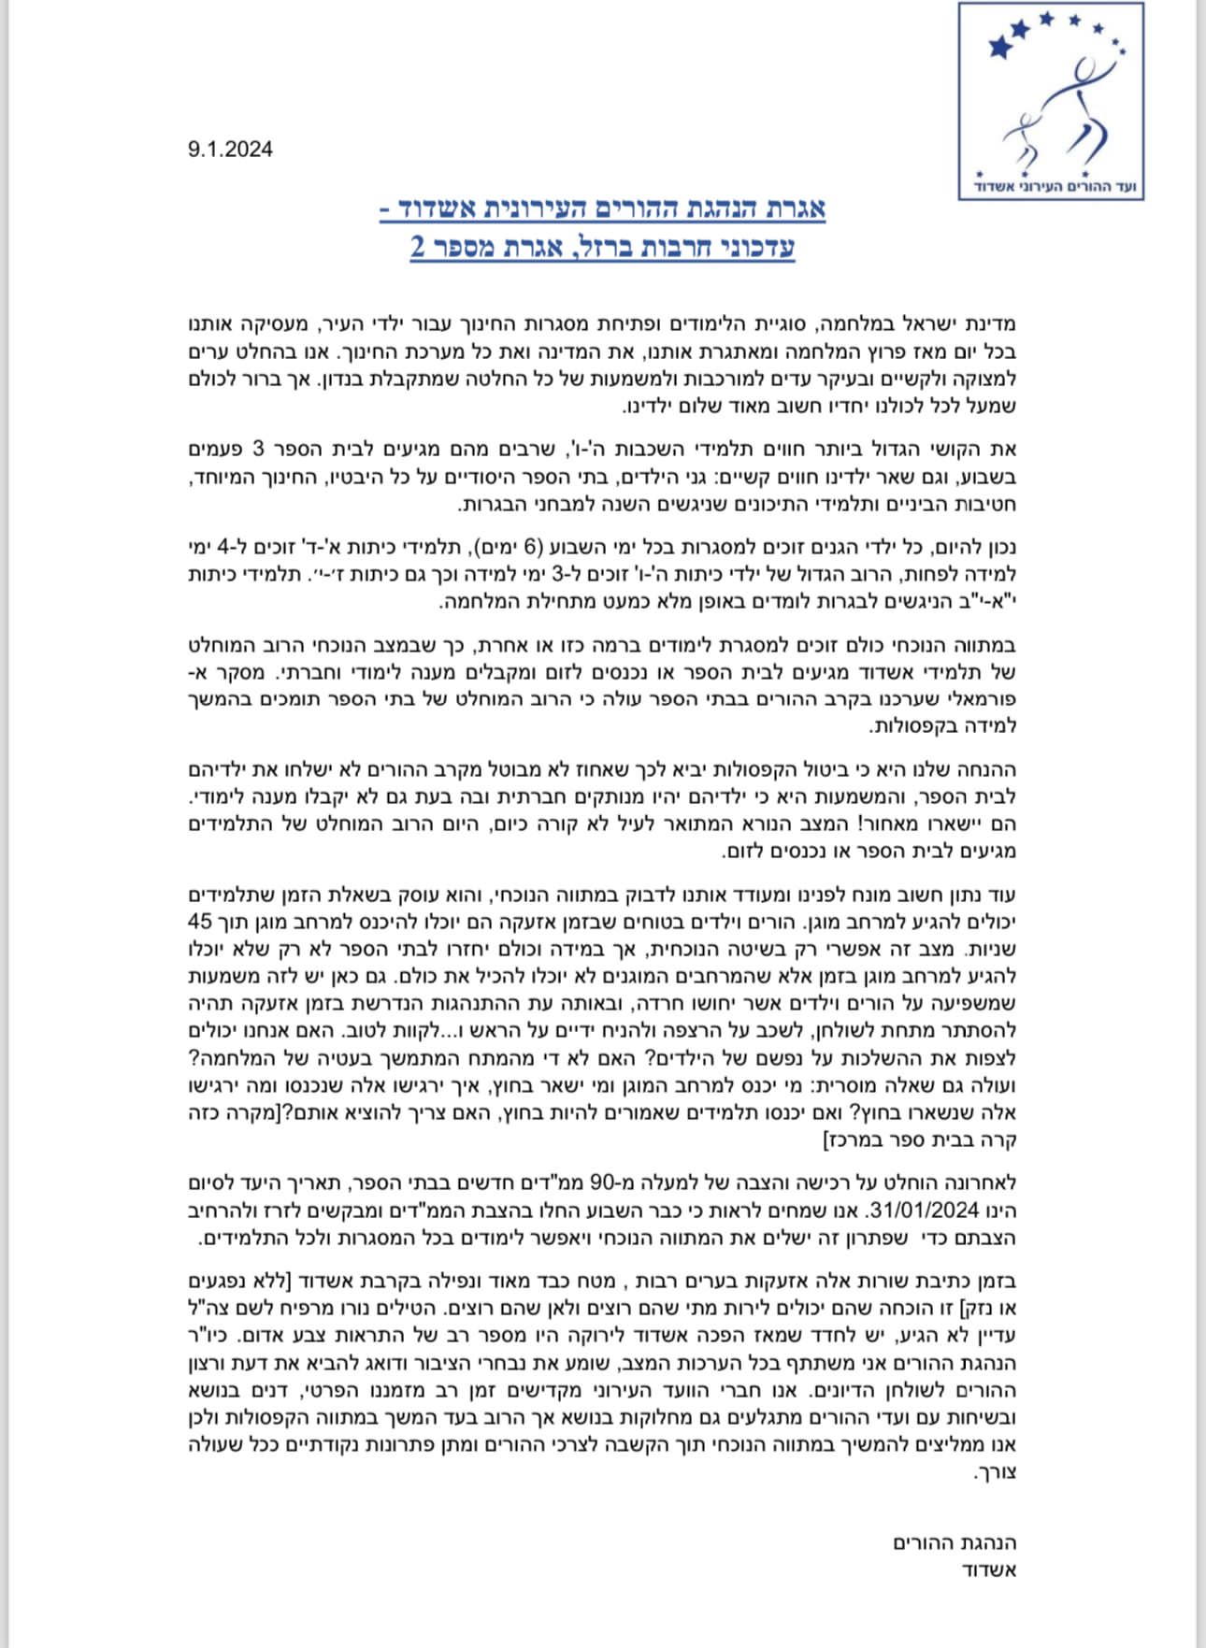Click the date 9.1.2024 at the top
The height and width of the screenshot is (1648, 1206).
(230, 150)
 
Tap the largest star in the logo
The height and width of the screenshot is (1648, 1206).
(1000, 45)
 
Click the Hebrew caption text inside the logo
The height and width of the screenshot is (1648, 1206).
(1051, 186)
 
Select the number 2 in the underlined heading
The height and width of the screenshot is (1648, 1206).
(418, 247)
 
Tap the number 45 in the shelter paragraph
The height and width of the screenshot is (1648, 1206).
(200, 921)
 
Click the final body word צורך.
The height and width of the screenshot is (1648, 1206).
(995, 1473)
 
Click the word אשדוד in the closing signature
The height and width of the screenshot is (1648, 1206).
(989, 1569)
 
